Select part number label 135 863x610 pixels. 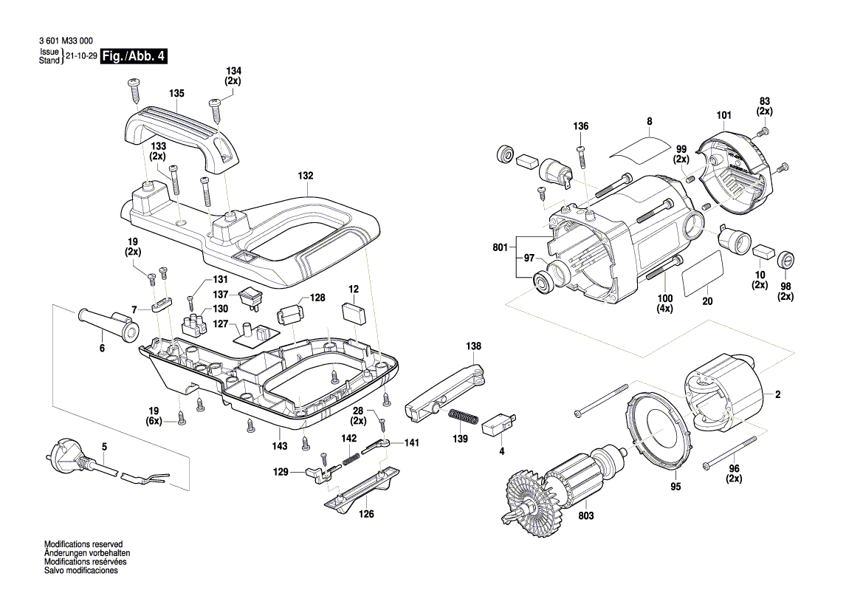pos(176,94)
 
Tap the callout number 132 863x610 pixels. pos(306,176)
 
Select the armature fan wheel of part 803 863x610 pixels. pos(532,499)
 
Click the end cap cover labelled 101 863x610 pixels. pos(738,174)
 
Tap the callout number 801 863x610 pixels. pos(502,247)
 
